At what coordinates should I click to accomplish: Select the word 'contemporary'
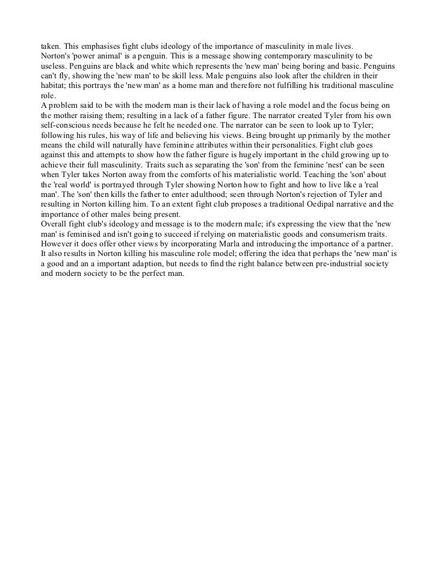[274, 55]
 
